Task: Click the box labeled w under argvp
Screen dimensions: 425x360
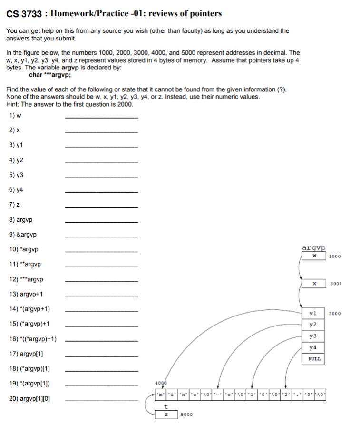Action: tap(314, 256)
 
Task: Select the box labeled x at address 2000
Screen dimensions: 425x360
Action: tap(314, 284)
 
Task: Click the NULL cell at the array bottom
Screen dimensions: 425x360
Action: tap(313, 359)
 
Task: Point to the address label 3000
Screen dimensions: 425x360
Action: tap(335, 314)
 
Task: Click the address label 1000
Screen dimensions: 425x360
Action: tap(335, 256)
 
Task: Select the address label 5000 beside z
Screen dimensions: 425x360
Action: tap(186, 415)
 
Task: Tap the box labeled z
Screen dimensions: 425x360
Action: tap(165, 415)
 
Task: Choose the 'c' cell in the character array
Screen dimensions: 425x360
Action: tap(229, 394)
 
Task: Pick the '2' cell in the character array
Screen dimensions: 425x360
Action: tap(286, 394)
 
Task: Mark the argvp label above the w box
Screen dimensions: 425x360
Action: tap(314, 247)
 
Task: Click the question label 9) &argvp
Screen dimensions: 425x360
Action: tap(23, 235)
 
